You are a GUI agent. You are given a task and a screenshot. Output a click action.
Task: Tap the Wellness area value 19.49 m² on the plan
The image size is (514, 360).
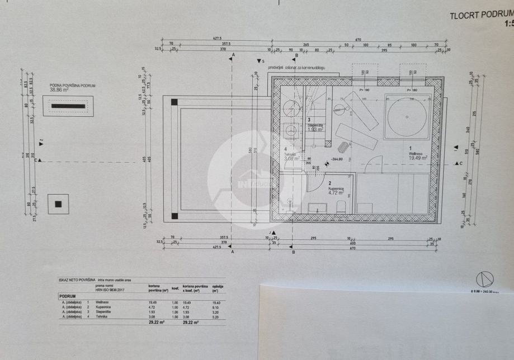418,158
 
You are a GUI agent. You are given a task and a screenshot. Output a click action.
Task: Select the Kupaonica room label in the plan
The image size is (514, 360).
336,188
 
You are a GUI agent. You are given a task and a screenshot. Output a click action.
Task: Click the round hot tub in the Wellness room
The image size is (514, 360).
408,116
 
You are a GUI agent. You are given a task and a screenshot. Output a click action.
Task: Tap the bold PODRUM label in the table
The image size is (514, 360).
68,296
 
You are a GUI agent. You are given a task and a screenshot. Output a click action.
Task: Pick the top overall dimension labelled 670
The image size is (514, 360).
358,39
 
